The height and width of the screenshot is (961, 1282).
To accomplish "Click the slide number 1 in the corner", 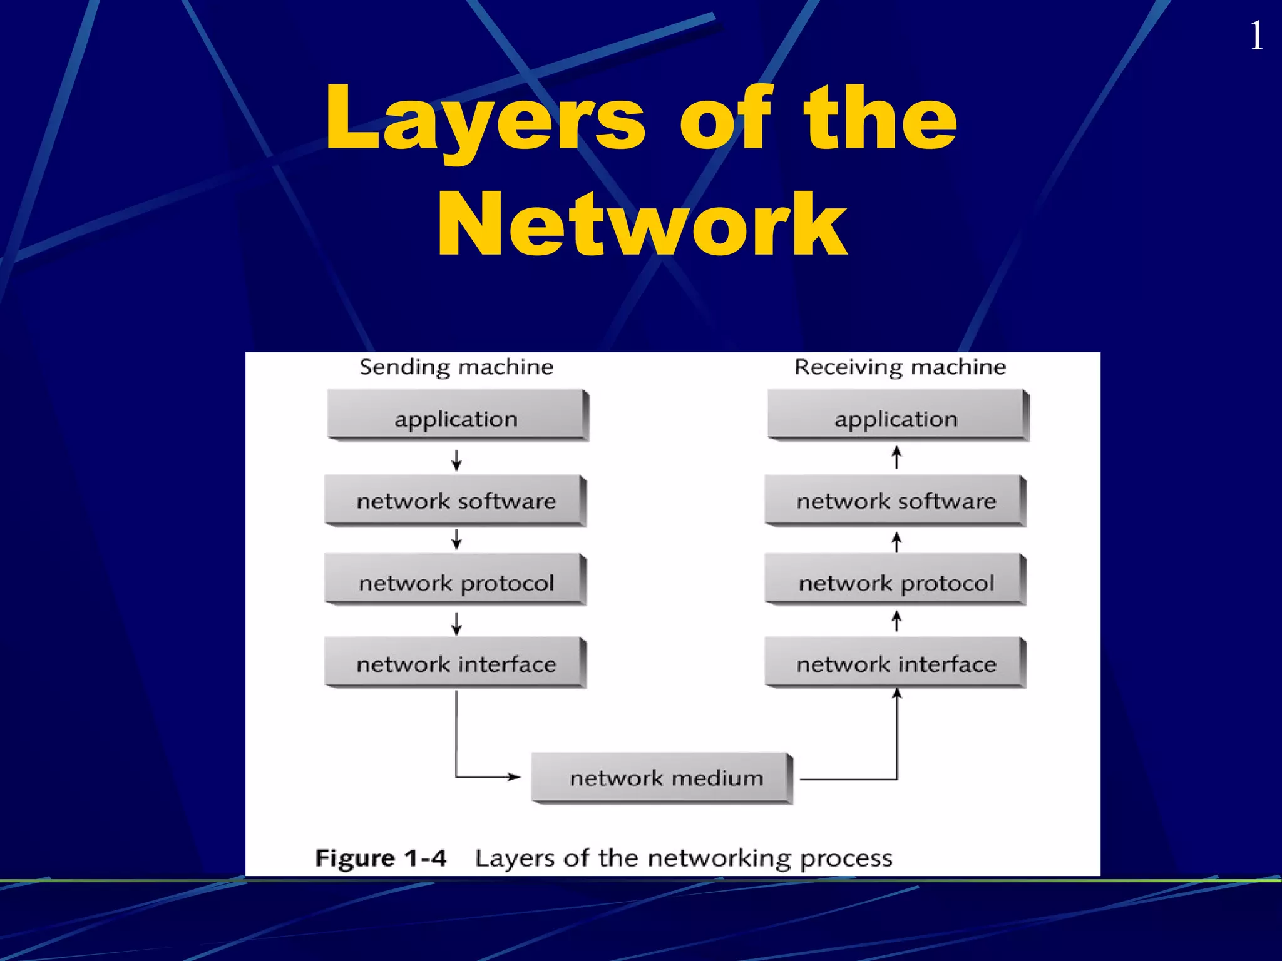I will (1256, 36).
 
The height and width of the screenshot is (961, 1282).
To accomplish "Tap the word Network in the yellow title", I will (642, 225).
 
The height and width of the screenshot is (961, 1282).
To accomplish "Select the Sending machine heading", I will (456, 367).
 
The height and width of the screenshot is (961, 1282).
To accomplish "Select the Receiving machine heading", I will (900, 367).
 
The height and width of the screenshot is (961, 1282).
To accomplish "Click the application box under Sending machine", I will (457, 415).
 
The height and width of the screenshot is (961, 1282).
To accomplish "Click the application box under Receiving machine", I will (897, 415).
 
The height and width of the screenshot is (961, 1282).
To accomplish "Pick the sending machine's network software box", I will (455, 500).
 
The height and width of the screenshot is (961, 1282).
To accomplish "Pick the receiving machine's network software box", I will (895, 500).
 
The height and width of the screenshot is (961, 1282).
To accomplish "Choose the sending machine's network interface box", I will (455, 663).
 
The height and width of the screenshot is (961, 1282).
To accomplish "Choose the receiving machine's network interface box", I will (895, 663).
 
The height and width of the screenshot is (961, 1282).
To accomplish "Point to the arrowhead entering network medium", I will (515, 777).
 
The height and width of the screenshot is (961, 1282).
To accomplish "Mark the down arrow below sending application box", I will (456, 460).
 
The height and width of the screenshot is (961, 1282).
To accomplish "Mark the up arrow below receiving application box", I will (896, 457).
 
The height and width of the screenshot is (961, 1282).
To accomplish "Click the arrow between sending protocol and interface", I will (456, 624).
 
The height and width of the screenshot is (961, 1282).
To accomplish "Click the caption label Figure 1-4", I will (381, 858).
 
